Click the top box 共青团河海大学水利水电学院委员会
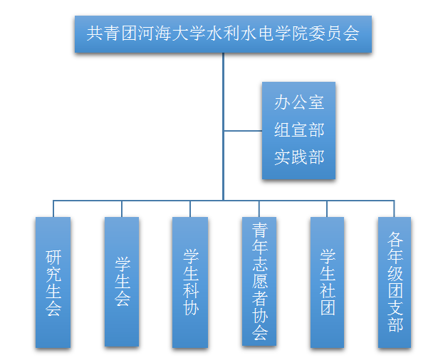(x=223, y=33)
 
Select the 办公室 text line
(x=298, y=102)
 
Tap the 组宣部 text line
(x=298, y=129)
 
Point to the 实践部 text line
(x=298, y=157)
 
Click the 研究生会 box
(x=53, y=282)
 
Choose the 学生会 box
(x=122, y=281)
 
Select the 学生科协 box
(x=190, y=282)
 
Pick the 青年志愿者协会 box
(x=259, y=281)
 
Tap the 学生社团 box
(x=327, y=282)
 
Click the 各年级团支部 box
(x=395, y=282)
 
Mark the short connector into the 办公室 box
(x=243, y=131)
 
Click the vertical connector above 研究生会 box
(x=53, y=208)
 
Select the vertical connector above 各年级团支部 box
(x=395, y=208)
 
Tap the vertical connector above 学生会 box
(x=122, y=208)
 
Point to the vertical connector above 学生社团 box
(x=327, y=208)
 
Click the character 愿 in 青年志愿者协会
(x=259, y=281)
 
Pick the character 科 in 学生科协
(x=190, y=291)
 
